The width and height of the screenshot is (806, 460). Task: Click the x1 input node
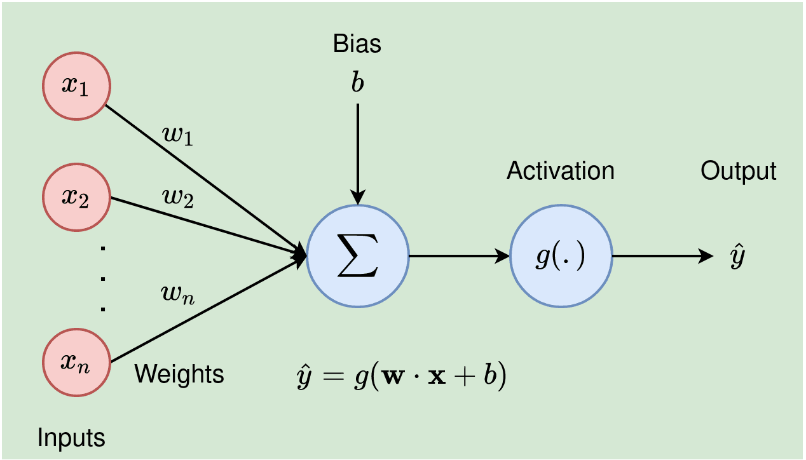(x=77, y=86)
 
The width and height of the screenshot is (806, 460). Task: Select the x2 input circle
(x=77, y=197)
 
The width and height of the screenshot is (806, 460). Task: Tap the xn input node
(x=77, y=362)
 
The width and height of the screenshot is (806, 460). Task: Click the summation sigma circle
(x=358, y=256)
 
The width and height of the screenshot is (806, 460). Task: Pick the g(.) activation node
(x=561, y=256)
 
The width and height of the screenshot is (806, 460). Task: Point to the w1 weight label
(x=178, y=136)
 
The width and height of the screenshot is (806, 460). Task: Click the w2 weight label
(x=178, y=198)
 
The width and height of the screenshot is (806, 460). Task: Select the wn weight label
(x=178, y=295)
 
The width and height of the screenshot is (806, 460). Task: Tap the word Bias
(x=357, y=44)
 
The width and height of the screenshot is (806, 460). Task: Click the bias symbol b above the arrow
(x=358, y=81)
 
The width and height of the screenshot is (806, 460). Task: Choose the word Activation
(x=561, y=170)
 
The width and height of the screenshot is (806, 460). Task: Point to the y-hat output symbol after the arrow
(x=737, y=255)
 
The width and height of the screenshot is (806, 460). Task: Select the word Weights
(x=179, y=374)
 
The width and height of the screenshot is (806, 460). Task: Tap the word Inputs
(x=71, y=438)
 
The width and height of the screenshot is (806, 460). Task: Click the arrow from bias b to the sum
(x=358, y=154)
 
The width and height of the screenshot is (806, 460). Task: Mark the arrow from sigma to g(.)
(x=460, y=256)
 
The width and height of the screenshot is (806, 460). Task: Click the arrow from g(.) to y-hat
(x=663, y=256)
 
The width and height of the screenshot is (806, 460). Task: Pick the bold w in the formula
(x=393, y=377)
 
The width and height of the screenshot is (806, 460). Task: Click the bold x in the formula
(x=437, y=377)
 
